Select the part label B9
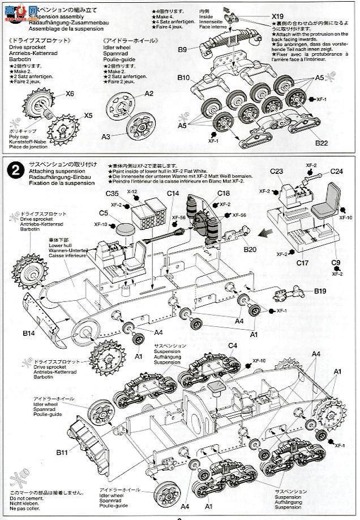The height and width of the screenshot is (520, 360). pos(182,49)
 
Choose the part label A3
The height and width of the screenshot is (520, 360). pos(106,137)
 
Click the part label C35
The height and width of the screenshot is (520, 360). pos(112,193)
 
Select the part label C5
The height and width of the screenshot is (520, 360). pos(105,213)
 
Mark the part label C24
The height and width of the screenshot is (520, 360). pos(337,171)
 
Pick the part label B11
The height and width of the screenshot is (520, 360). pos(62,453)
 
